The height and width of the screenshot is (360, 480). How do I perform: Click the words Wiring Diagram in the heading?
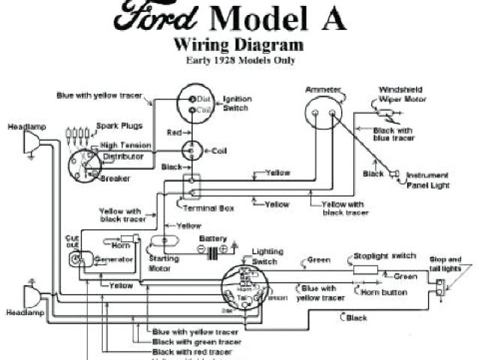click(238, 45)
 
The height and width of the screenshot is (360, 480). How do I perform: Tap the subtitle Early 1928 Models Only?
click(238, 60)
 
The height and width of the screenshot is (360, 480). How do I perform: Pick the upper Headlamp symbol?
click(32, 142)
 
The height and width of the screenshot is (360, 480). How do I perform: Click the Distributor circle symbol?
click(83, 166)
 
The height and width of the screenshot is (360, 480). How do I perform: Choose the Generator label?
click(115, 259)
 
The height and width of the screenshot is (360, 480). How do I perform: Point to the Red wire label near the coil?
click(174, 132)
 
